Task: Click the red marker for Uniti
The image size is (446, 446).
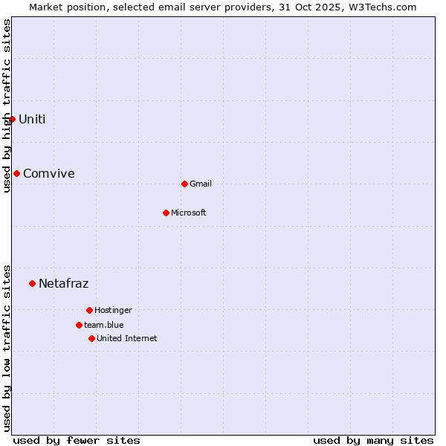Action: tap(12, 119)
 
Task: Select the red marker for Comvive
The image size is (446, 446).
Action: tap(16, 173)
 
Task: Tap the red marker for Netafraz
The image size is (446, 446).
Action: tap(32, 283)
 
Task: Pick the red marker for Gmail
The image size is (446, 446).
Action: tap(184, 184)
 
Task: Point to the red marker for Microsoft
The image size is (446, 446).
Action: tap(166, 213)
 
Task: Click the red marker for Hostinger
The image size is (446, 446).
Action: tap(89, 310)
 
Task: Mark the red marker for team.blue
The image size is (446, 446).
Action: tap(79, 325)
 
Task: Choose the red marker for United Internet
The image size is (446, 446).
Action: tap(91, 338)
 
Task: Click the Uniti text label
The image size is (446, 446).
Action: tap(32, 119)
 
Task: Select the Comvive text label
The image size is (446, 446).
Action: tap(49, 173)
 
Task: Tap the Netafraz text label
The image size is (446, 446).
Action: tap(64, 283)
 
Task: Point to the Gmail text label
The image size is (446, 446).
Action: tap(201, 184)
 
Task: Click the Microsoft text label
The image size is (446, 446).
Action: tap(189, 213)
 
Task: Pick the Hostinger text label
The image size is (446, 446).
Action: tap(113, 310)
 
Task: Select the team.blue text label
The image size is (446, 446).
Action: tap(104, 325)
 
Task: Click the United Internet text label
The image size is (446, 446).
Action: tap(127, 338)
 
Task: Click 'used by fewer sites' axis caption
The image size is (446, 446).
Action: tap(77, 440)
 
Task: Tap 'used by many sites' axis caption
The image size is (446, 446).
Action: tap(373, 440)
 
